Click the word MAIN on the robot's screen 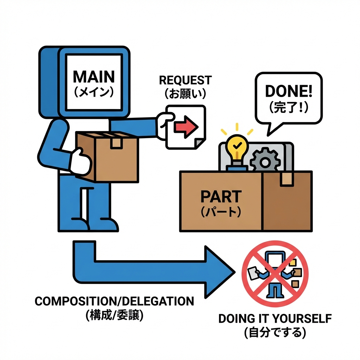click(94, 76)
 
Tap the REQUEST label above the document click(185, 80)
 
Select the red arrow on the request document click(185, 126)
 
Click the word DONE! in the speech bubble click(288, 91)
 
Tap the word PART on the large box click(221, 196)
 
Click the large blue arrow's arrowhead click(218, 271)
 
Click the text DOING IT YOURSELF click(275, 319)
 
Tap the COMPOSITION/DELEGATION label click(114, 301)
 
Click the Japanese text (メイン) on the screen click(94, 92)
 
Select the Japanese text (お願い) click(185, 94)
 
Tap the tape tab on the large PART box click(287, 179)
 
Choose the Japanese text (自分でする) click(275, 332)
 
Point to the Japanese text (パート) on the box click(221, 212)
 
